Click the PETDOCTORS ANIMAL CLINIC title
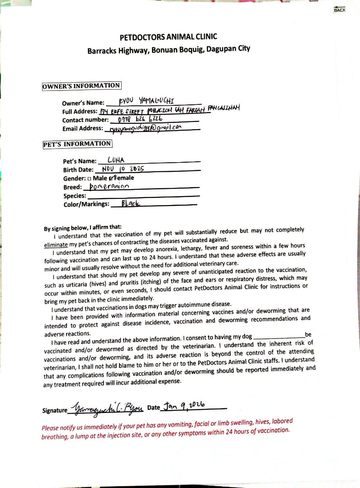168,37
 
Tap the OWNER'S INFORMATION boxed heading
81,86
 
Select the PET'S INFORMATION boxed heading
77,144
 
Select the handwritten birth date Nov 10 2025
123,169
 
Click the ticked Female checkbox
105,178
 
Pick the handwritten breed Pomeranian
109,186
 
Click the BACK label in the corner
339,10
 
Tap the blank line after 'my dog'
280,337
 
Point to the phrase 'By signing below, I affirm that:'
83,228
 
